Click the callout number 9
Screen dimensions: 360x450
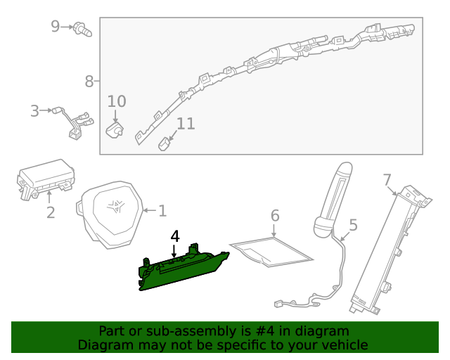pos(56,27)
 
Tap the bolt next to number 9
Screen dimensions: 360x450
pos(84,30)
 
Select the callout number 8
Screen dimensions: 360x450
pos(89,82)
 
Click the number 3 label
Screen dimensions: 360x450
pos(34,110)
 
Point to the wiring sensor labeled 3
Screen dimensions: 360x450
pos(75,124)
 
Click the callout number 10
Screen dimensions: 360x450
pos(117,101)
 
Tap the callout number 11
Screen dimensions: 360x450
pos(185,124)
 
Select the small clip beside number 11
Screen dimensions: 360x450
pos(163,143)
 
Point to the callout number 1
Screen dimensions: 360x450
pos(162,210)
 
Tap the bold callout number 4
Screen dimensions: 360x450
pos(175,236)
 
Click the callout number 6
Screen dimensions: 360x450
pos(275,215)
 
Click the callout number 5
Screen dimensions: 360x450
pos(353,225)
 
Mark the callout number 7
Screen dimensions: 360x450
pos(387,180)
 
